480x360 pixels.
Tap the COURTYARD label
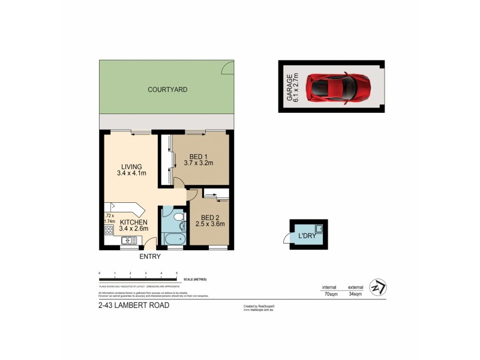tap(167, 90)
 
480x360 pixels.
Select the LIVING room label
tap(131, 167)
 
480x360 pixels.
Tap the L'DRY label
tap(307, 236)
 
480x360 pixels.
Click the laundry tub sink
tap(320, 228)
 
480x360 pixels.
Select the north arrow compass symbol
tap(378, 287)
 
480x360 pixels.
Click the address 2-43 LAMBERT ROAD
tap(133, 305)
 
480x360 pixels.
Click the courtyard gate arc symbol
tap(228, 69)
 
